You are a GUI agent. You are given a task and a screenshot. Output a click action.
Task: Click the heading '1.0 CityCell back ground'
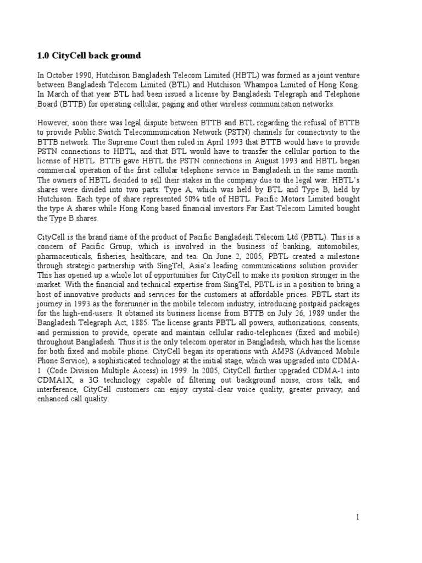click(x=88, y=56)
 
